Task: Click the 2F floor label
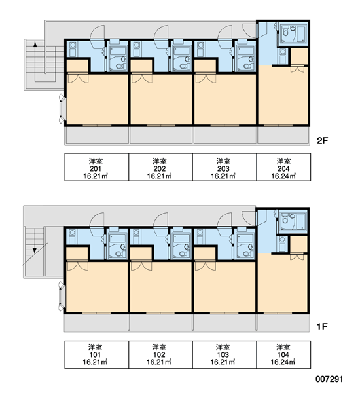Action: coord(322,141)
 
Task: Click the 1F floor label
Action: coord(322,327)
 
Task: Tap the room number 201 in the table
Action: coord(96,168)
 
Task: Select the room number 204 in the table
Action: coord(283,168)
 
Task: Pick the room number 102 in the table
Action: coord(159,354)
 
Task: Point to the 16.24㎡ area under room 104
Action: coord(283,362)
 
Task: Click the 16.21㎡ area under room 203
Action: coord(223,176)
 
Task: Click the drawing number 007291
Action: coord(329,379)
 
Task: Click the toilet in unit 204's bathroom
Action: coord(285,32)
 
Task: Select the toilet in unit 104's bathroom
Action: coord(285,220)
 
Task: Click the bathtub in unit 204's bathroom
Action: coord(301,33)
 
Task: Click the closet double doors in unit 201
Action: coord(78,78)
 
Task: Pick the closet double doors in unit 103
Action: coord(206,266)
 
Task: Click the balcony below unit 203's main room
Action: coord(225,136)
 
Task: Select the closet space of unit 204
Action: coord(299,56)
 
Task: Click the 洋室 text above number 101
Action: coord(95,347)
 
